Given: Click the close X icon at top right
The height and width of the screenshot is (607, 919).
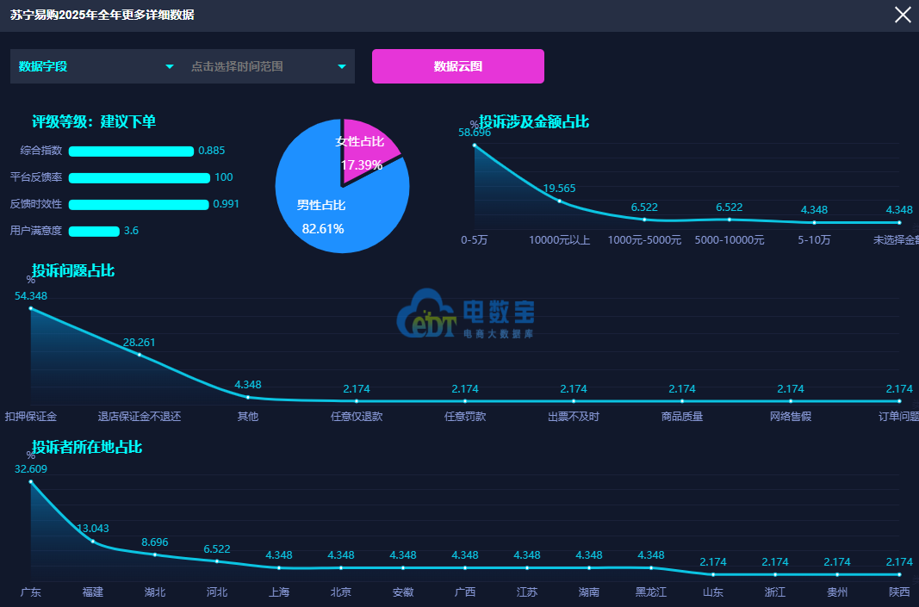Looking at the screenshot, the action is point(903,15).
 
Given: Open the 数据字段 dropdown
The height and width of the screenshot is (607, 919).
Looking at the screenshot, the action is point(94,66).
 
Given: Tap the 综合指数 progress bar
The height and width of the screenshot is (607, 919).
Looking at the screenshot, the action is point(131,152).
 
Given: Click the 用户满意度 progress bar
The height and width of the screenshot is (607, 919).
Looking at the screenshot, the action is point(94,232).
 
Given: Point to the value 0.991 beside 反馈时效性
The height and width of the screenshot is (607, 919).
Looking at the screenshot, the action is point(227,204).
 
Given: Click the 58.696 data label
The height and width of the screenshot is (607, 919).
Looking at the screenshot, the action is point(475,133).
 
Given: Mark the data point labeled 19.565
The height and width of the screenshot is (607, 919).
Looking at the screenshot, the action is point(559,201).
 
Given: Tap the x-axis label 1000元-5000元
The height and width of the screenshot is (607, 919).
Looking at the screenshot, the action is point(644,240).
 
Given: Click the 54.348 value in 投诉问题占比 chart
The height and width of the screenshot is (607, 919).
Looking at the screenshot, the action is point(31,296).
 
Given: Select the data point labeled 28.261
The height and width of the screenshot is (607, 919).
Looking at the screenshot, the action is point(139,355).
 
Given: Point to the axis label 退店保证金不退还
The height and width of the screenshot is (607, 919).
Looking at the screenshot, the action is point(139,417).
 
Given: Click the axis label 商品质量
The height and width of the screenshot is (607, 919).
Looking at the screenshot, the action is point(681,417).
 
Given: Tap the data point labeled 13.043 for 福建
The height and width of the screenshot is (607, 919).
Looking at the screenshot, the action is point(93,541).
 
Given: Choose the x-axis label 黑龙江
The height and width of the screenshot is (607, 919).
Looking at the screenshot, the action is point(650,592).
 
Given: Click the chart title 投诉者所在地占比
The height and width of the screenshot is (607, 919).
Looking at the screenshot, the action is point(87,447).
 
